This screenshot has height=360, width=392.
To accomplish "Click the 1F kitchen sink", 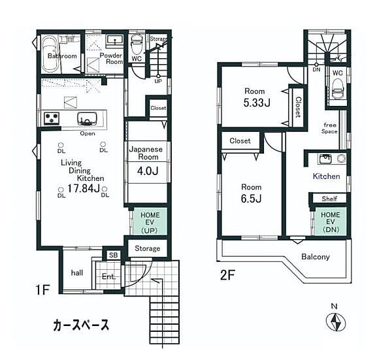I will [x=87, y=118].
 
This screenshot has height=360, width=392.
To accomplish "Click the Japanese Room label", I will [x=146, y=154].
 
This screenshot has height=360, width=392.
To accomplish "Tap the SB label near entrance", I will [x=113, y=255].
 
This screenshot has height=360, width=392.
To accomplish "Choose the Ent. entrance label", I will [x=108, y=277].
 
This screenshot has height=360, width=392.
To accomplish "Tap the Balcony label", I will [x=316, y=257].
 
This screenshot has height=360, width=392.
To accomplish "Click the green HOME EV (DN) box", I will [x=330, y=220].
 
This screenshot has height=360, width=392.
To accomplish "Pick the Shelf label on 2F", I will [x=329, y=199].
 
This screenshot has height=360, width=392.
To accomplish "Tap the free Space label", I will [x=329, y=127].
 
